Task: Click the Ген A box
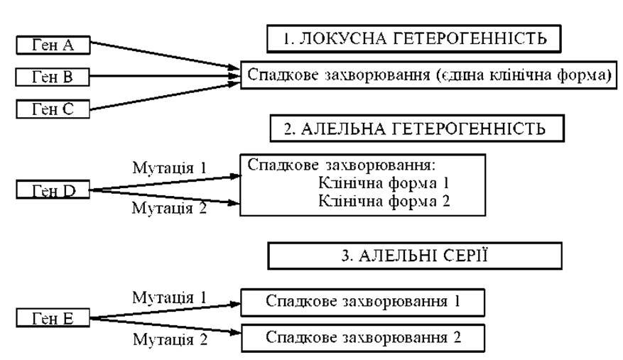coord(53,45)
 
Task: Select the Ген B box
coord(53,77)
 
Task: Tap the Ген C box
coord(53,109)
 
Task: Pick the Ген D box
coord(53,190)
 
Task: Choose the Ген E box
coord(53,319)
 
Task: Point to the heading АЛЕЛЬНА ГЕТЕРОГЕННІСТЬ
coord(416,129)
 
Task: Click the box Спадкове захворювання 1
coord(362,301)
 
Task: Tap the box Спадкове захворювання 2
coord(362,336)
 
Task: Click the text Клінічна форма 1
coord(384,183)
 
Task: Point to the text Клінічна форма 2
coord(384,200)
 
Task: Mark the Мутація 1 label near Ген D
coord(169,168)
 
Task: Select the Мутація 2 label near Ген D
coord(169,209)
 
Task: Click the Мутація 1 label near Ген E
coord(169,297)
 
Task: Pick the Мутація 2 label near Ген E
coord(169,339)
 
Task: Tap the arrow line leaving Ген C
coord(163,97)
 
